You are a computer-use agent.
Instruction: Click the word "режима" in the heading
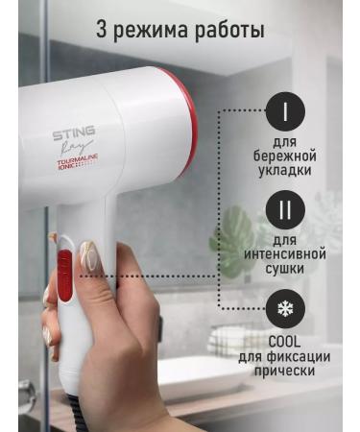tap(157, 31)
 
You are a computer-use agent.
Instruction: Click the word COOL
tap(285, 341)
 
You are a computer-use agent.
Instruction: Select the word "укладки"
tap(285, 172)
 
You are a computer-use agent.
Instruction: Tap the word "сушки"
tap(285, 270)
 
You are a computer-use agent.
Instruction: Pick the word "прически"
tap(285, 370)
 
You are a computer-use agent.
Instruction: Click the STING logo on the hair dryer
tap(73, 133)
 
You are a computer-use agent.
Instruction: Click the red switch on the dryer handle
tap(64, 274)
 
